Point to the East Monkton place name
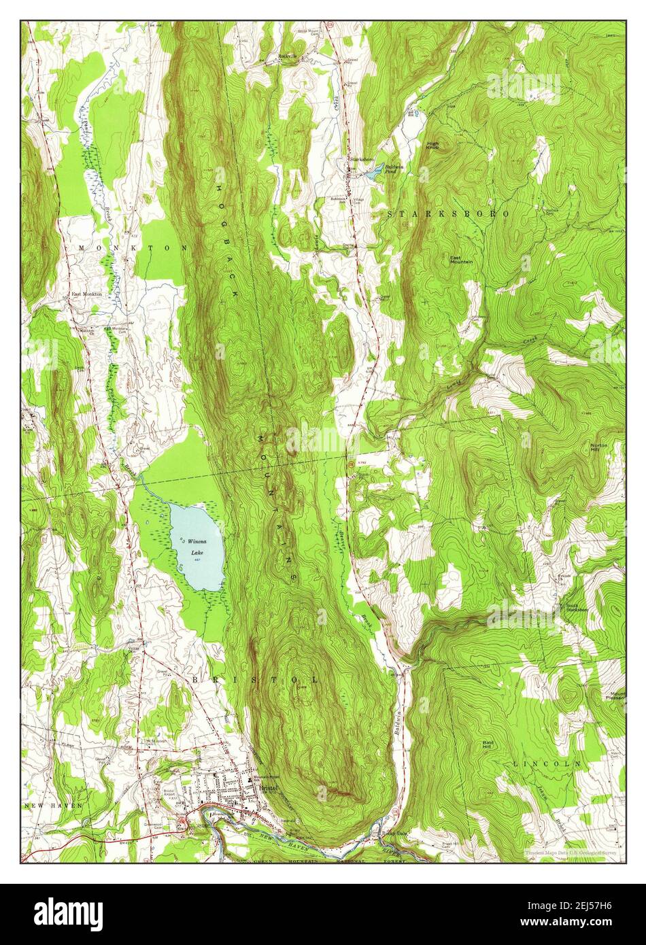[87, 294]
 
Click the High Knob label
[433, 143]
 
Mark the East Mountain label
[462, 260]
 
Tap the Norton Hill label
[599, 448]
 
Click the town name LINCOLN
[547, 763]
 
